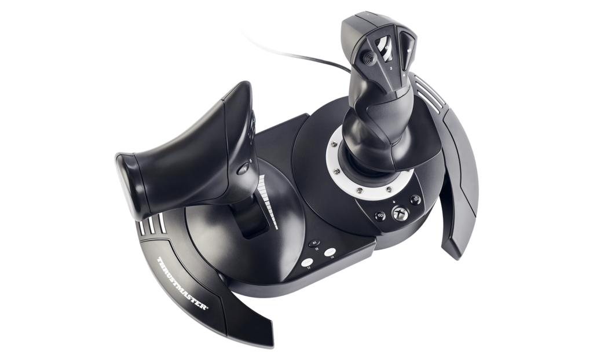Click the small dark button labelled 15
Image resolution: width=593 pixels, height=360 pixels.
[x=313, y=243]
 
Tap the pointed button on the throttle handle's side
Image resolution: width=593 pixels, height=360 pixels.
[x=244, y=169]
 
